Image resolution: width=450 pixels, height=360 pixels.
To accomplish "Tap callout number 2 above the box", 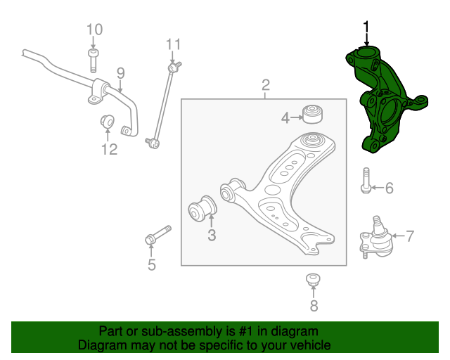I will pos(266,86).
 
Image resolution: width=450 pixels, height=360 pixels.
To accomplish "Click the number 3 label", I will pos(212,236).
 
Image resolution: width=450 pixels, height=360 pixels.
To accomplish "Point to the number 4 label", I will pos(285,118).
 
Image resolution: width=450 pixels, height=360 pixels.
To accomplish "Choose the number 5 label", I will pos(151,265).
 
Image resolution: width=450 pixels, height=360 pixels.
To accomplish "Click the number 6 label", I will pos(389,188).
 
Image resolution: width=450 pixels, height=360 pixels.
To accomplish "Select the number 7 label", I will pos(410,236).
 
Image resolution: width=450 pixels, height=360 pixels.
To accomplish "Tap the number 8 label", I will pos(314,305).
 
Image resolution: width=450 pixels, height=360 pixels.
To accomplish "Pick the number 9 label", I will pos(120,72).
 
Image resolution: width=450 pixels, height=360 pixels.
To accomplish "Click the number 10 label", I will pos(94,30).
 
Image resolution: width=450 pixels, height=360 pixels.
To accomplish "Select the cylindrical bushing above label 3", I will pos(202,209).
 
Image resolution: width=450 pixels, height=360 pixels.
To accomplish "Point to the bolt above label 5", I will pos(158,236).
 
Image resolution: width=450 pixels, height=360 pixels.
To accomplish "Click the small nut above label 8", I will pos(314,280).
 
